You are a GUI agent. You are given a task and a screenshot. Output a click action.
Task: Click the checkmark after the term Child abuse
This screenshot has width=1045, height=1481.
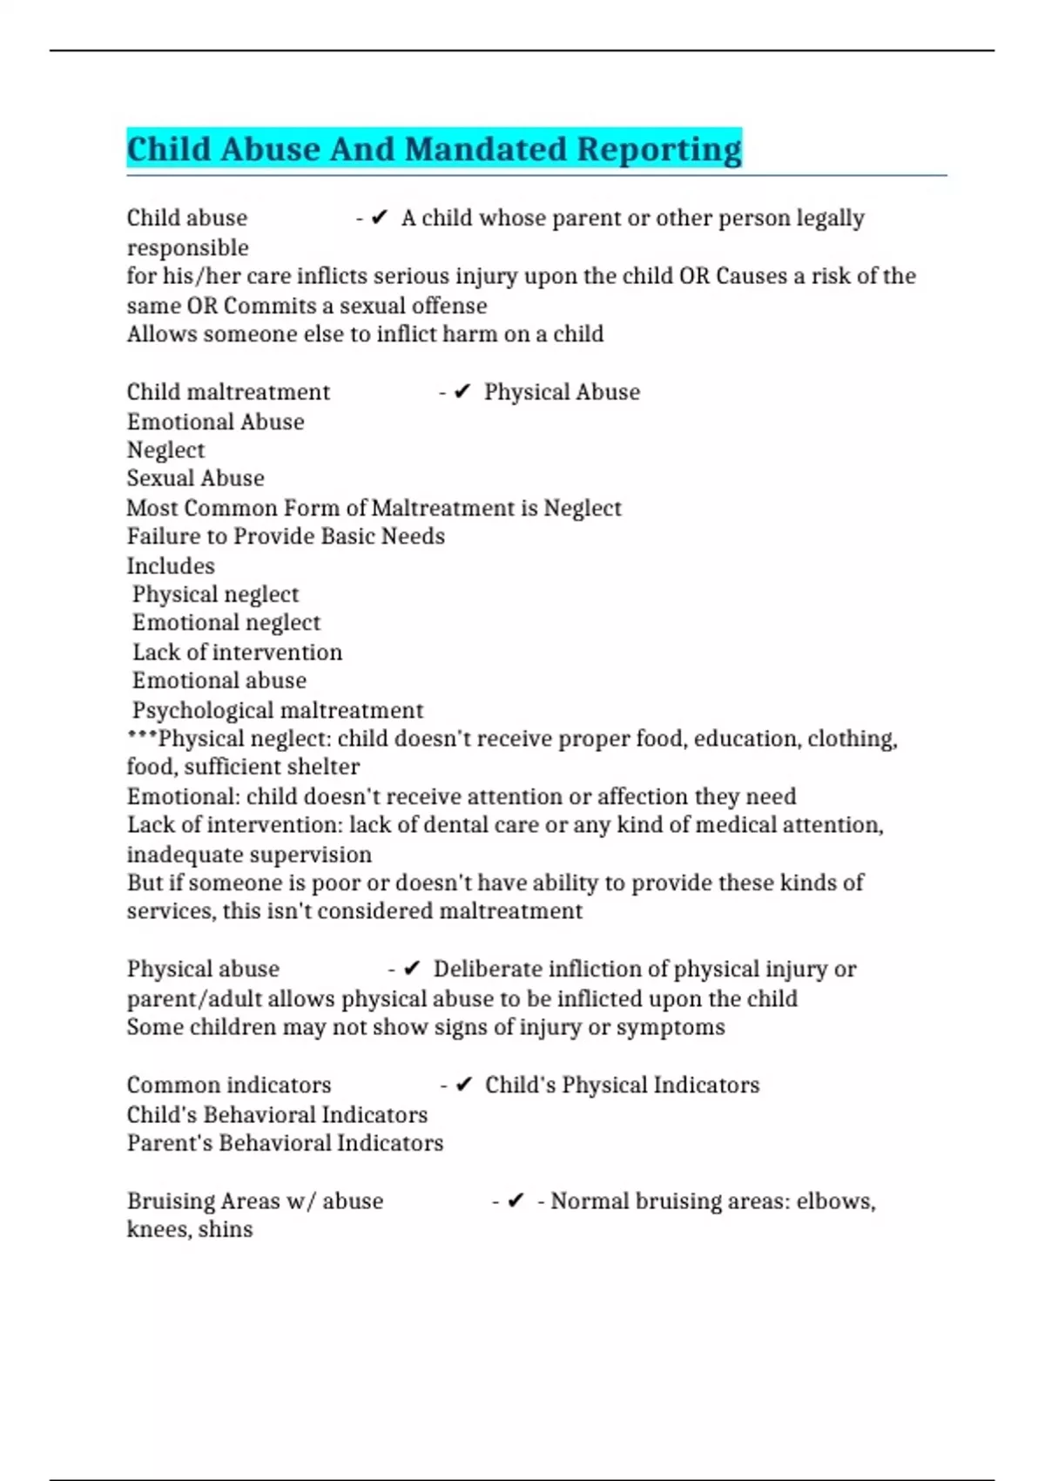click(x=379, y=218)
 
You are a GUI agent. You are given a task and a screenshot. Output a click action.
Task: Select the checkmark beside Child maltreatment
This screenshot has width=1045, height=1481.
click(x=462, y=392)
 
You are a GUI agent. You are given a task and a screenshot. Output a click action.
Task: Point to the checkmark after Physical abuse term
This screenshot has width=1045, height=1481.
click(x=412, y=969)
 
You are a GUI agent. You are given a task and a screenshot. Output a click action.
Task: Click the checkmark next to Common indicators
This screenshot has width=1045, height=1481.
click(x=464, y=1085)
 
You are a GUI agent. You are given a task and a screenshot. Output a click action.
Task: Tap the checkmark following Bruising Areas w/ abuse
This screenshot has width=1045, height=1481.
click(x=516, y=1200)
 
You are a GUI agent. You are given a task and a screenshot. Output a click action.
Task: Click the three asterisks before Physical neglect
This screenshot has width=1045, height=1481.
click(x=142, y=737)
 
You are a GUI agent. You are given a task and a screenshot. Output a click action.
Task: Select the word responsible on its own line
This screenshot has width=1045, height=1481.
click(x=187, y=247)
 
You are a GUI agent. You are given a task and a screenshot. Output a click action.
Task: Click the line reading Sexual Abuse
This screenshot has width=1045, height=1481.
click(x=195, y=478)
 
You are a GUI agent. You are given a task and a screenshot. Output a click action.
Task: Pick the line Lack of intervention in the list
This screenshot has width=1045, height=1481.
click(x=237, y=653)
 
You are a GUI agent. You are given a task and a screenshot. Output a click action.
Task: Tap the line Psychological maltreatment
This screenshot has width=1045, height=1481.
click(x=277, y=710)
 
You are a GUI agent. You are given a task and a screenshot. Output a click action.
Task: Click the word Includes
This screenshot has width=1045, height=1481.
click(x=171, y=565)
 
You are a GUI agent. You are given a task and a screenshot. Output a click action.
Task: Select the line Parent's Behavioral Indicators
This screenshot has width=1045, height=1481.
click(x=285, y=1143)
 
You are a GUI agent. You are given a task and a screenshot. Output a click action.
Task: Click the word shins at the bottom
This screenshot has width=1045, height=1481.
click(x=230, y=1229)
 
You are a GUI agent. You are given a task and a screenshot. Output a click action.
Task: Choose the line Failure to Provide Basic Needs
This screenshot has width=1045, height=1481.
click(x=286, y=536)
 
